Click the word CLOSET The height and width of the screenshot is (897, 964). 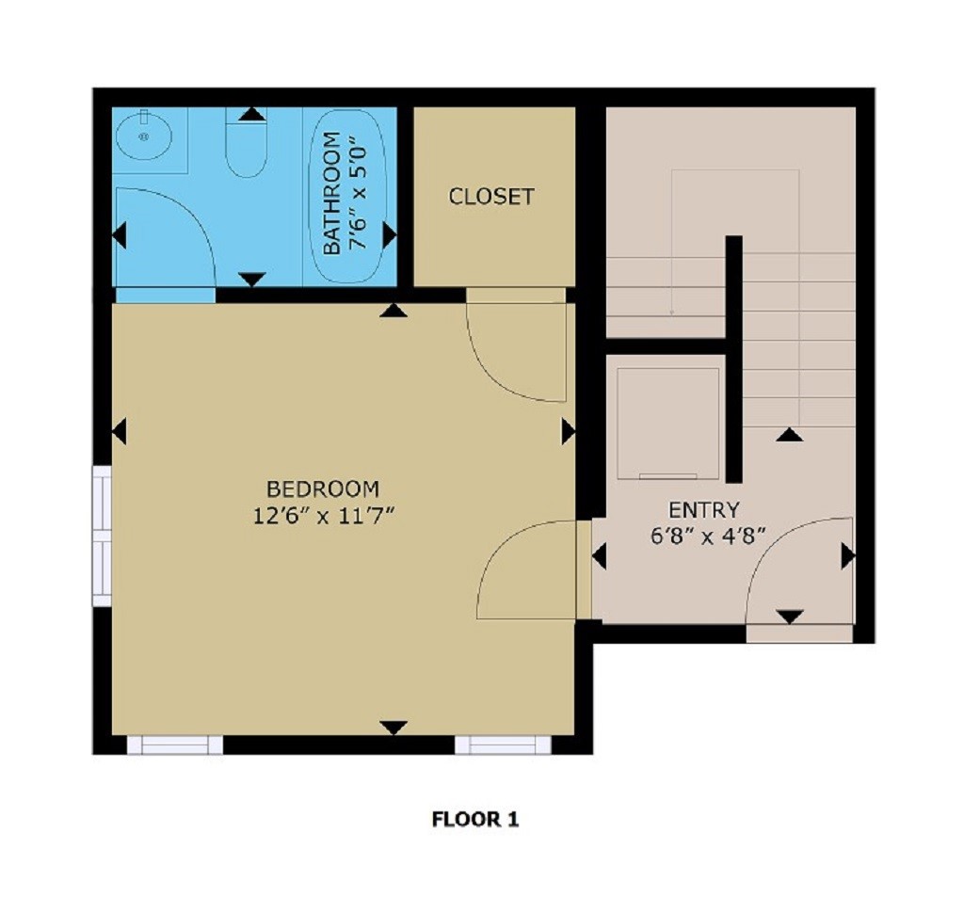(490, 197)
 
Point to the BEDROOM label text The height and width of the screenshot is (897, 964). (323, 489)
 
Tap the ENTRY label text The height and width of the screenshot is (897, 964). (703, 510)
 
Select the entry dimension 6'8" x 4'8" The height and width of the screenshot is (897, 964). (703, 536)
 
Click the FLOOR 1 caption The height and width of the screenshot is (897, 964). (475, 819)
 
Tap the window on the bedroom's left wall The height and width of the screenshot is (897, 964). (102, 537)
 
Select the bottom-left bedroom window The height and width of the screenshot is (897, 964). (175, 745)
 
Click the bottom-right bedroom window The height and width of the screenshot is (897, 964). (503, 745)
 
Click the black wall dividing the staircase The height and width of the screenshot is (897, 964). (733, 358)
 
